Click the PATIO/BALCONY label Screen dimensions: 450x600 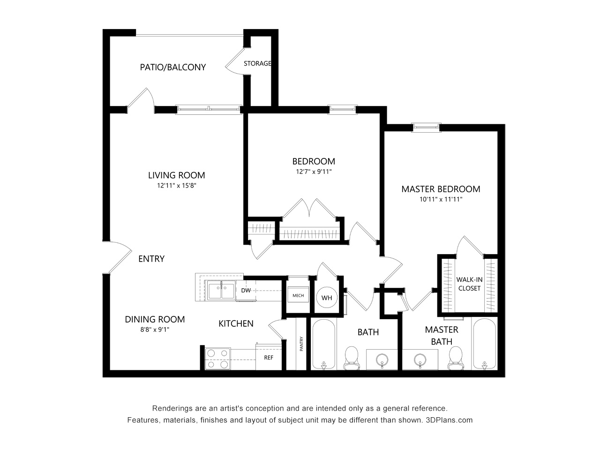coord(172,67)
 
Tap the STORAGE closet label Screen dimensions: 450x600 coord(257,63)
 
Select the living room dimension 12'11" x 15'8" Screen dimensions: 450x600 coord(176,186)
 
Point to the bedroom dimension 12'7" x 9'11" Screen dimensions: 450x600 coord(313,172)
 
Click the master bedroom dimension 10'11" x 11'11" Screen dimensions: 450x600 coord(441,199)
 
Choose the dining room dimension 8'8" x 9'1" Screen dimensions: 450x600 coord(154,329)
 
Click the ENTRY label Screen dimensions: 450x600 coord(151,259)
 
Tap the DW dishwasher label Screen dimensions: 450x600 coord(246,291)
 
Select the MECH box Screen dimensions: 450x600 coord(298,295)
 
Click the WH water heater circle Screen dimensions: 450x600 coord(327,298)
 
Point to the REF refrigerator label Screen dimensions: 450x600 coord(269,358)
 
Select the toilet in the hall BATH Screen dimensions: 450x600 coord(351,359)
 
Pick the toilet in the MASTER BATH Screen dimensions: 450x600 coord(454,359)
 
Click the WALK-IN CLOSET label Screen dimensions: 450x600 coord(469,284)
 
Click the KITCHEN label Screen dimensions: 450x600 coord(236,323)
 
